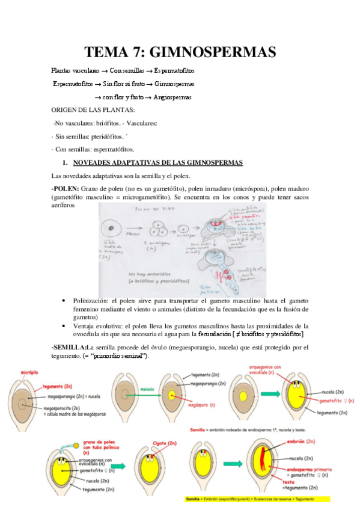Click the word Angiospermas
[x=172, y=97]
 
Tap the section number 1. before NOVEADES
[x=67, y=162]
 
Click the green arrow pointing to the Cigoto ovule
[x=124, y=464]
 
